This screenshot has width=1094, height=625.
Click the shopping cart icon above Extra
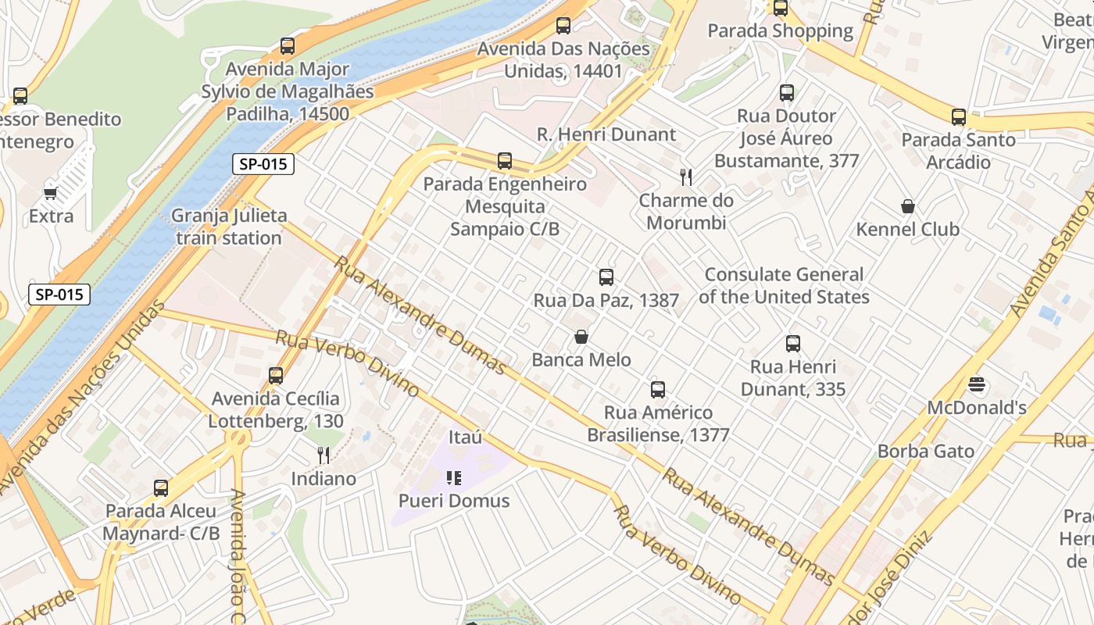pos(51,193)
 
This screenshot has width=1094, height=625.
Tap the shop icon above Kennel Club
pos(908,206)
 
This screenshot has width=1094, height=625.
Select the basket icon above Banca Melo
pos(581,337)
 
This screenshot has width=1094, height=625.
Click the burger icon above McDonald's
pos(977,384)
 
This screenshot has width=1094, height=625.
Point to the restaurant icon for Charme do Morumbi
pos(686,177)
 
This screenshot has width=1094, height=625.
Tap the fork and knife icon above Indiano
pos(324,455)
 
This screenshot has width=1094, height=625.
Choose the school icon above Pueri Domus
pos(454,477)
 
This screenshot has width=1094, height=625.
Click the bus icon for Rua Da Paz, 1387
pos(606,277)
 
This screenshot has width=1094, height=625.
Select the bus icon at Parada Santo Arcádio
pos(958,117)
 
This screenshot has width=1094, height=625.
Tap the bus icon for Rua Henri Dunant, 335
pos(793,344)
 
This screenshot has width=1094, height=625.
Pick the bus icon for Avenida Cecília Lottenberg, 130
pos(276,376)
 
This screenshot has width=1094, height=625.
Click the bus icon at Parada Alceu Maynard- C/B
pos(161,488)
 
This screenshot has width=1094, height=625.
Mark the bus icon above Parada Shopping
pos(780,9)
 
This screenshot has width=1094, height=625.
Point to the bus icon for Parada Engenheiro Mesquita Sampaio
pos(505,161)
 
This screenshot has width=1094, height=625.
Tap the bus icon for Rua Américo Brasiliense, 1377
pos(658,390)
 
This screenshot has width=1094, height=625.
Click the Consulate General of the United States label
pos(784,286)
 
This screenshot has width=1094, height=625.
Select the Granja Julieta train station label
pos(229,227)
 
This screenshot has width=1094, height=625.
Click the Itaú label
pos(466,437)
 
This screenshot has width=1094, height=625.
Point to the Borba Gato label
pos(926,451)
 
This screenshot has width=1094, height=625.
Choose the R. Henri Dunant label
pos(606,134)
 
